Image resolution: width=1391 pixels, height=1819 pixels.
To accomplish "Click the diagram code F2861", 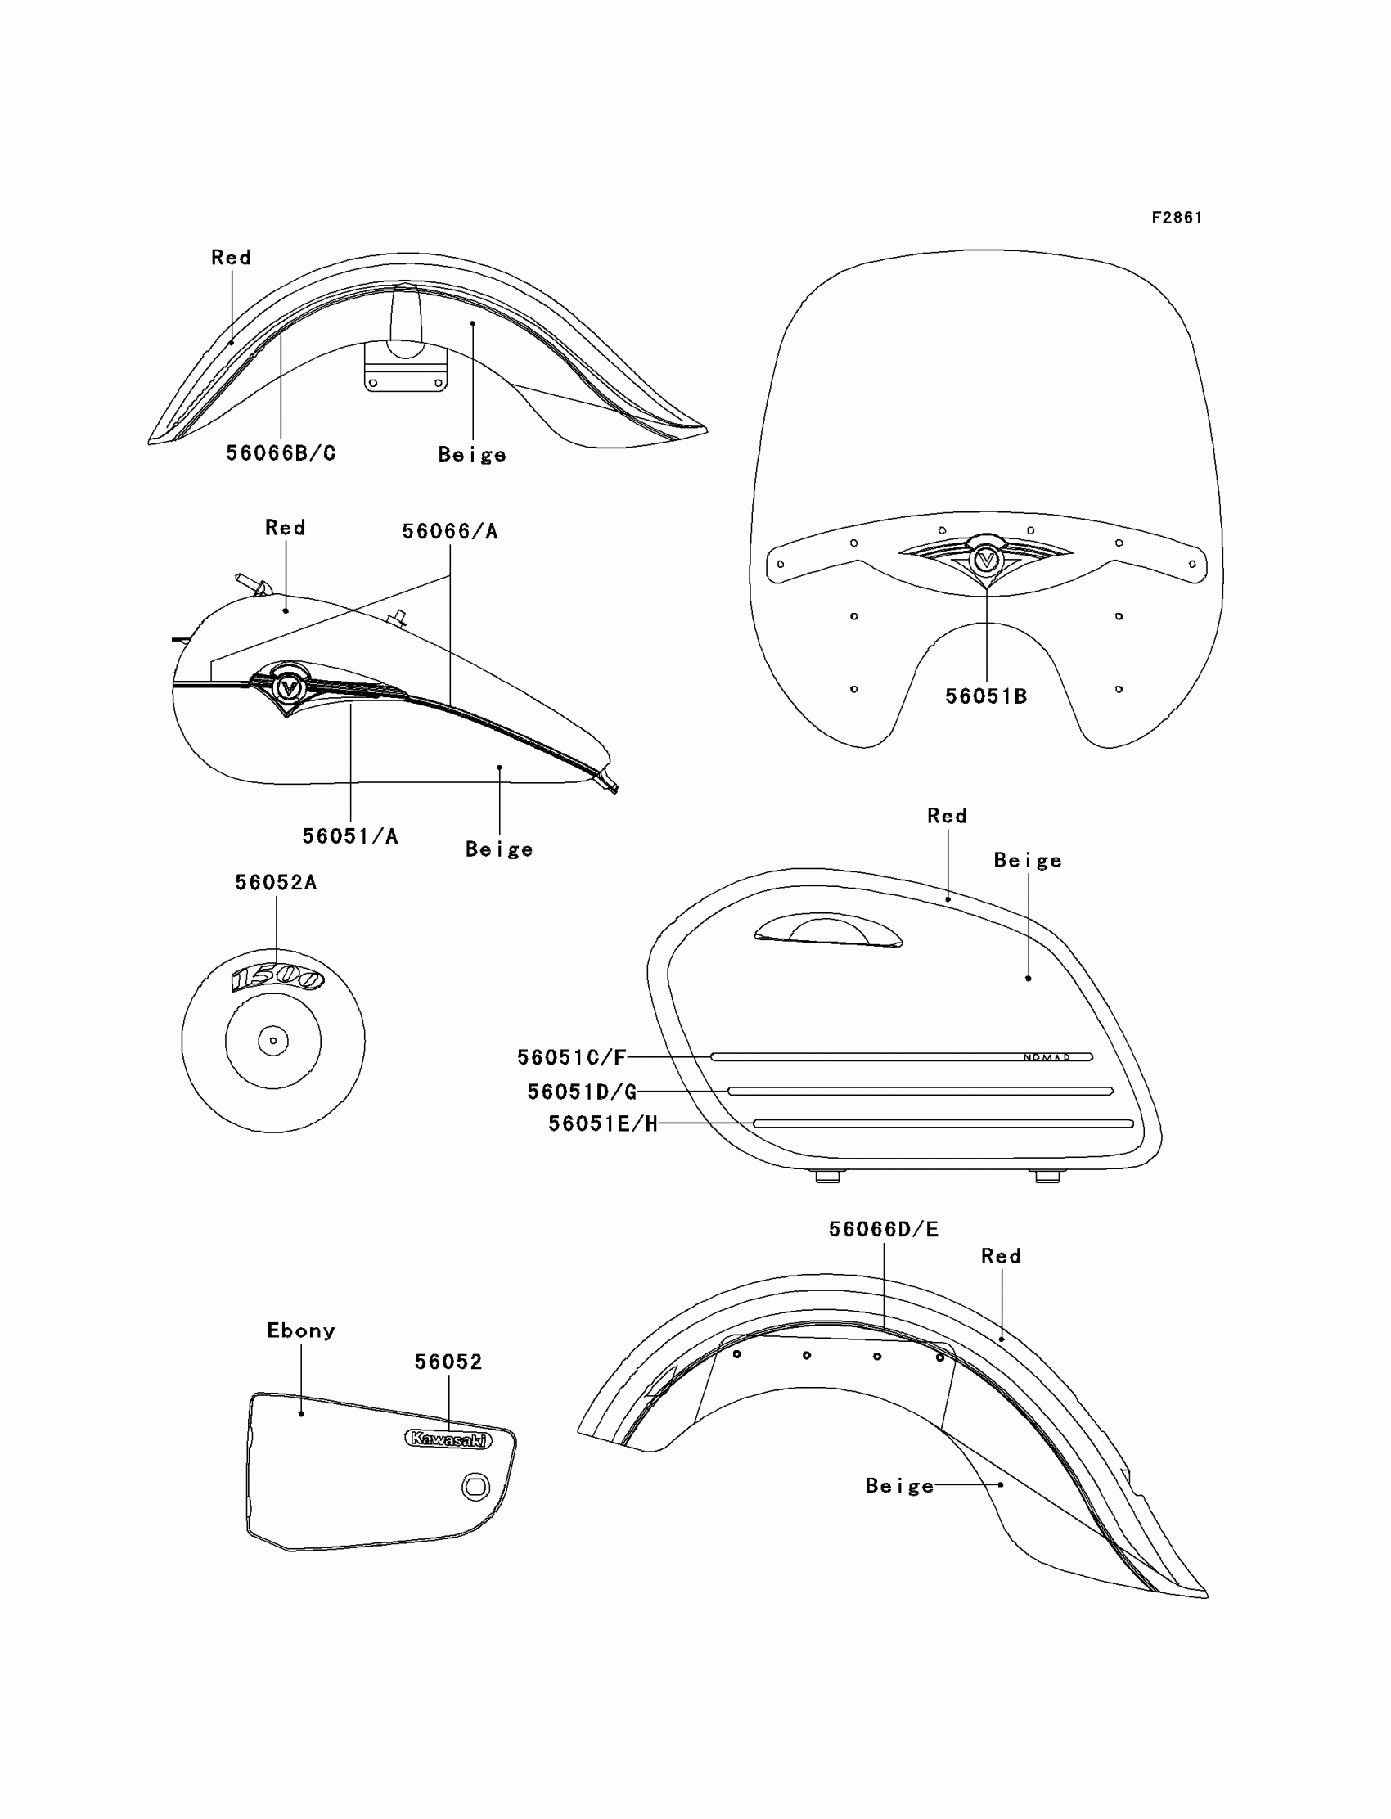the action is (x=1177, y=218).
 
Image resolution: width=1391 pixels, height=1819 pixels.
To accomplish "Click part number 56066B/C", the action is (x=281, y=452).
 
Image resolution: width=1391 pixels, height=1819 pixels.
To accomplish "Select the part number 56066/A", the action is (x=449, y=532).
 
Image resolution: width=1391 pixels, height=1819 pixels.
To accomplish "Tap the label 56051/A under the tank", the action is (x=350, y=836).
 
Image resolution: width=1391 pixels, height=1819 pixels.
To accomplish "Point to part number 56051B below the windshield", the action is (x=986, y=696).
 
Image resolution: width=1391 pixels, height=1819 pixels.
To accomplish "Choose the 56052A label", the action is (x=276, y=883).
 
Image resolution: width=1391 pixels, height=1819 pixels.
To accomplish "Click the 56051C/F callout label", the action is (x=571, y=1057).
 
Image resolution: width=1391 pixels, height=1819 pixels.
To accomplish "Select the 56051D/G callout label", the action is (x=582, y=1092).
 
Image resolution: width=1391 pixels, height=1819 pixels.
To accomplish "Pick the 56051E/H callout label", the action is (x=603, y=1123).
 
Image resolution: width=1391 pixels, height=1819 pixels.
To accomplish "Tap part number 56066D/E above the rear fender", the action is (x=884, y=1230).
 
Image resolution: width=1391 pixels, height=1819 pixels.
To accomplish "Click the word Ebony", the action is (x=300, y=1330).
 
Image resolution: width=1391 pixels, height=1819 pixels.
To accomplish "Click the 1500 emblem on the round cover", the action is (x=277, y=978).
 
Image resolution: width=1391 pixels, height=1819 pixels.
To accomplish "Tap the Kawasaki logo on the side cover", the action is (x=448, y=1440).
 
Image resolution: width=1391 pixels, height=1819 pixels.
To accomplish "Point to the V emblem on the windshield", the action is (x=986, y=560).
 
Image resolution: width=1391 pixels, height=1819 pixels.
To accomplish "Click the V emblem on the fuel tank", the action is (x=288, y=688).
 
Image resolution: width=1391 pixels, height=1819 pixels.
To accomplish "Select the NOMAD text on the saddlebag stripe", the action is (x=1047, y=1057).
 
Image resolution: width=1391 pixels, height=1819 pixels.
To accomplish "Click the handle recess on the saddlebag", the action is (x=828, y=932).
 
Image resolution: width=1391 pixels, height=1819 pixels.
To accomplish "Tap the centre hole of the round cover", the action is (x=273, y=1041).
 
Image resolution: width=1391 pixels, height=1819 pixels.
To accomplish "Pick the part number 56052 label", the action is (x=448, y=1362).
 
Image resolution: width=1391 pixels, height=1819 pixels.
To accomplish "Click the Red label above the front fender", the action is (x=231, y=258).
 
